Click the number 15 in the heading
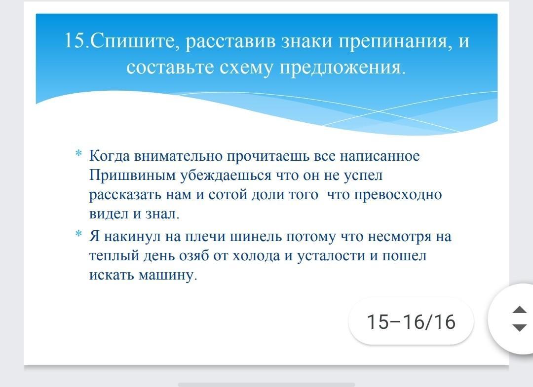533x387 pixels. pyautogui.click(x=74, y=40)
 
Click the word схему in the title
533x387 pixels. pyautogui.click(x=246, y=67)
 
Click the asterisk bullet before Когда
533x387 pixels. pyautogui.click(x=79, y=153)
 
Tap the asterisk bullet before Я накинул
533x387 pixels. pyautogui.click(x=79, y=234)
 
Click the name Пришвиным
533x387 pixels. pyautogui.click(x=133, y=176)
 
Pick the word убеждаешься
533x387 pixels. pyautogui.click(x=226, y=176)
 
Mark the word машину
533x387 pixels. pyautogui.click(x=168, y=275)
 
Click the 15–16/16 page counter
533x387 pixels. pyautogui.click(x=411, y=321)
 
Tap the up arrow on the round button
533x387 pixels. pyautogui.click(x=519, y=309)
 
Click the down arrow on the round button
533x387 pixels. pyautogui.click(x=519, y=327)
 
